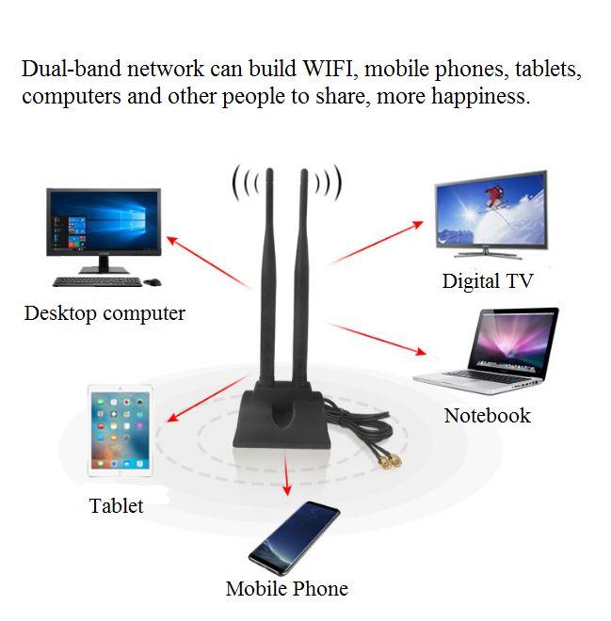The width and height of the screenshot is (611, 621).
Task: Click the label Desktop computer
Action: pyautogui.click(x=105, y=313)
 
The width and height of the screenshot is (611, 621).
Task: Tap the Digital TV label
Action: pyautogui.click(x=487, y=280)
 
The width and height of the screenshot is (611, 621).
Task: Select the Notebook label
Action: pyautogui.click(x=487, y=415)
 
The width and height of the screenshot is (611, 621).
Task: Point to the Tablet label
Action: pyautogui.click(x=116, y=505)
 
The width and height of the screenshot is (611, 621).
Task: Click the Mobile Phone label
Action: pyautogui.click(x=286, y=589)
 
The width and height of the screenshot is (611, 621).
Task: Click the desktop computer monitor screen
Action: pyautogui.click(x=104, y=222)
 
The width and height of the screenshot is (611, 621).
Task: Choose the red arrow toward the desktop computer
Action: pyautogui.click(x=207, y=263)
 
